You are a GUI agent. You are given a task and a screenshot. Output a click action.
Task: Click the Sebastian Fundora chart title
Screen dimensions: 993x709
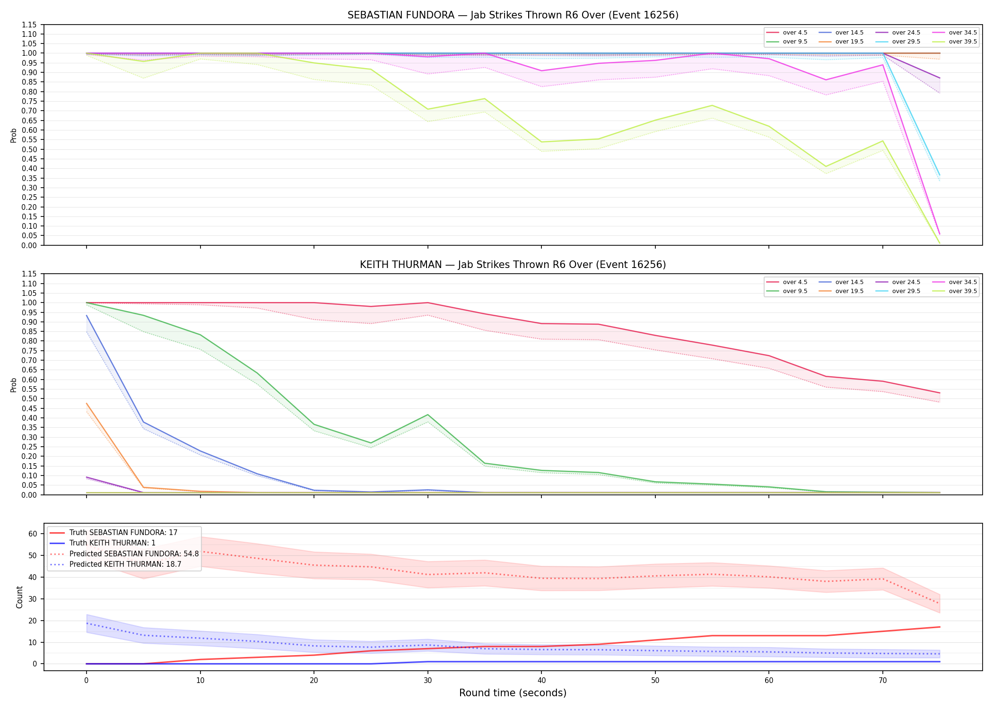pyautogui.click(x=513, y=15)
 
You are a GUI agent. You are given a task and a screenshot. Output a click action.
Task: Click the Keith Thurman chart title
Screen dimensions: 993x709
pyautogui.click(x=513, y=265)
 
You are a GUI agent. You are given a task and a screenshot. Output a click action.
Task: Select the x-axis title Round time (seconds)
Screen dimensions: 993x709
pyautogui.click(x=513, y=693)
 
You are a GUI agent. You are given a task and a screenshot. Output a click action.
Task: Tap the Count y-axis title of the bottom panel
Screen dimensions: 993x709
pyautogui.click(x=19, y=597)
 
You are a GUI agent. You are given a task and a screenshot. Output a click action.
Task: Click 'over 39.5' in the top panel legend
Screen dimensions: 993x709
pyautogui.click(x=963, y=42)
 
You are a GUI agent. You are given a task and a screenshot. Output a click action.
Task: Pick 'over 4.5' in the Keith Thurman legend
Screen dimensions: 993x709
pyautogui.click(x=795, y=282)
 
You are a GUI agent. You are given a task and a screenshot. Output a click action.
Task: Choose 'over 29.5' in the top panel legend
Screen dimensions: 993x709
pyautogui.click(x=906, y=42)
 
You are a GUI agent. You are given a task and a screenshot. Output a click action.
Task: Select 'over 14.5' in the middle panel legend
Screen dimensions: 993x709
pyautogui.click(x=849, y=282)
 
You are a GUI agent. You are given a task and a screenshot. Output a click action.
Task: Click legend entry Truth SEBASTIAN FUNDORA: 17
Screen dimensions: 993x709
pyautogui.click(x=123, y=533)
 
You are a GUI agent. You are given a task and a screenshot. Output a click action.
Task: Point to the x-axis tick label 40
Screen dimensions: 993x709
pyautogui.click(x=541, y=681)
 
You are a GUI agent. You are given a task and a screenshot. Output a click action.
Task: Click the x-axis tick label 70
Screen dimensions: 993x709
pyautogui.click(x=883, y=681)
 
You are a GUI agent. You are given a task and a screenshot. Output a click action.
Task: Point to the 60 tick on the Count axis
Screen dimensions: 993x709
pyautogui.click(x=33, y=534)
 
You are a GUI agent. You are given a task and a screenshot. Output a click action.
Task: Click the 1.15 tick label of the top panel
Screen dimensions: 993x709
pyautogui.click(x=29, y=25)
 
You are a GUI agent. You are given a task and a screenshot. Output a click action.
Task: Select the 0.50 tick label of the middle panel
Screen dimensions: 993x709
pyautogui.click(x=29, y=398)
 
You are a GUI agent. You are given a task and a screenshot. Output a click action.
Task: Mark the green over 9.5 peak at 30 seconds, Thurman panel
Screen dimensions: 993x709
pyautogui.click(x=428, y=415)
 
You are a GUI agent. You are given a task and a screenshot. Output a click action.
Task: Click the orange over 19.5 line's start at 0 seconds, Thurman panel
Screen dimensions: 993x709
pyautogui.click(x=87, y=404)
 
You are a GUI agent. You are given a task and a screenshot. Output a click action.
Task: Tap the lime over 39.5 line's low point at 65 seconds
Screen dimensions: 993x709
pyautogui.click(x=826, y=166)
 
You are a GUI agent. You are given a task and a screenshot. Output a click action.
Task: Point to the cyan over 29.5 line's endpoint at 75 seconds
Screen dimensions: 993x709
pyautogui.click(x=940, y=175)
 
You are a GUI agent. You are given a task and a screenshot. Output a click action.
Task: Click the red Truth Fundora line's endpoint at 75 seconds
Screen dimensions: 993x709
pyautogui.click(x=940, y=627)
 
